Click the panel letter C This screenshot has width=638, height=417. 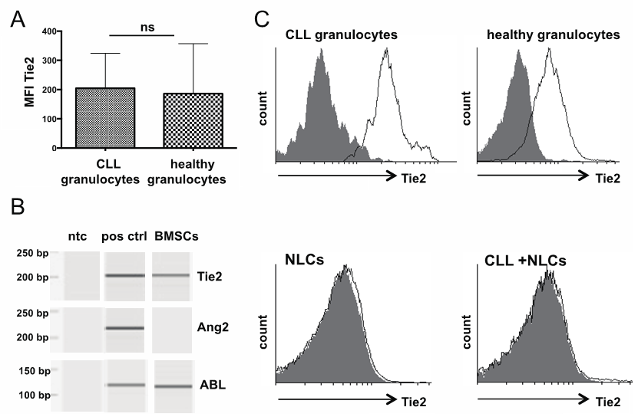tap(262, 18)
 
